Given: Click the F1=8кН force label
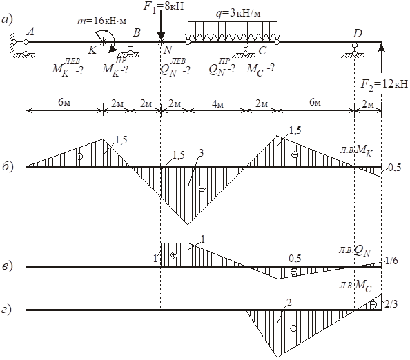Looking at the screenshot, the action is click(x=164, y=6).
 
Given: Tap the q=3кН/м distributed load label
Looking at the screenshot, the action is click(x=238, y=14).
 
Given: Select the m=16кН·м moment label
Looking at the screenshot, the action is click(x=101, y=21).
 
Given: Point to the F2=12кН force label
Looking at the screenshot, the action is click(x=384, y=84).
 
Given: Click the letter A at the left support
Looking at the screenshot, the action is click(x=30, y=32).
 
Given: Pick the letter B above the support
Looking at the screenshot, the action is click(x=137, y=32).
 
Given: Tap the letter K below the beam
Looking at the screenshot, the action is click(x=92, y=50).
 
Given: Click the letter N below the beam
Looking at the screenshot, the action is click(x=168, y=50).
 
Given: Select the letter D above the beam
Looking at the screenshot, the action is click(x=358, y=33).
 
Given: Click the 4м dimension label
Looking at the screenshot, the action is click(x=217, y=104).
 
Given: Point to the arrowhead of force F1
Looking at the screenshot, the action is click(x=161, y=37).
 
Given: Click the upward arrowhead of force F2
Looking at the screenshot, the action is click(x=382, y=48).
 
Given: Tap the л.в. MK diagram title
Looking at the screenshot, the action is click(x=356, y=151).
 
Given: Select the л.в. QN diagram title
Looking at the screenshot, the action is click(x=355, y=251).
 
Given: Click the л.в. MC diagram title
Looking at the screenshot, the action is click(x=355, y=286).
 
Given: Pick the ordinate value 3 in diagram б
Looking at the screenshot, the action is click(x=201, y=153).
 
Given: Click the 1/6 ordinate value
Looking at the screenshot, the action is click(x=391, y=260).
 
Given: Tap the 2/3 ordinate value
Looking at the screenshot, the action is click(x=391, y=304).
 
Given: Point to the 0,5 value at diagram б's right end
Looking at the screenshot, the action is click(x=395, y=168).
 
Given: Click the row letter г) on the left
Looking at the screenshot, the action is click(x=7, y=310).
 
